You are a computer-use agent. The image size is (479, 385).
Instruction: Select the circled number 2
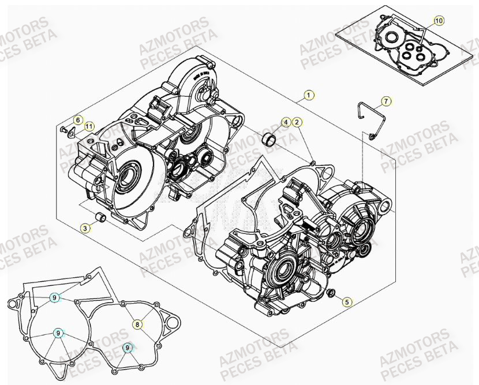(296, 122)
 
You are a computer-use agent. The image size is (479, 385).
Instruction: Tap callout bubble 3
(85, 228)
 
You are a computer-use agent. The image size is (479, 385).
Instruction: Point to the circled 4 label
(286, 122)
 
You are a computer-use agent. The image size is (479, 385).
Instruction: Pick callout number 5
(346, 301)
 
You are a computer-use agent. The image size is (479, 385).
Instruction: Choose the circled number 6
(78, 119)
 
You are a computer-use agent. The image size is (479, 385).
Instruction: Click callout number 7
(386, 102)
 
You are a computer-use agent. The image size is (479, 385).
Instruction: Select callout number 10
(439, 21)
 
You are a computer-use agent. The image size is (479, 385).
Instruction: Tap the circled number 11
(88, 126)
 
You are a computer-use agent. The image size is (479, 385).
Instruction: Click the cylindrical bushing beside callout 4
(268, 140)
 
